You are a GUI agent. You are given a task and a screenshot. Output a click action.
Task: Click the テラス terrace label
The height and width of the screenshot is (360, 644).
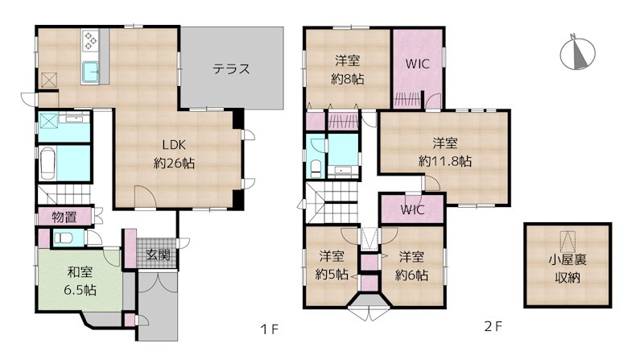[x=231, y=68]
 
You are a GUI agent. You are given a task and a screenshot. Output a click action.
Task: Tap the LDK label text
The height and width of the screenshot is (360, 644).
[x=174, y=145]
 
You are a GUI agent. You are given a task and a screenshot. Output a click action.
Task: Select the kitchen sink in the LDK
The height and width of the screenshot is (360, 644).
[x=90, y=72]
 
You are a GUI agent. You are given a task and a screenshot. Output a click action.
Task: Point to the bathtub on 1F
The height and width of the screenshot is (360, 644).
[x=48, y=163]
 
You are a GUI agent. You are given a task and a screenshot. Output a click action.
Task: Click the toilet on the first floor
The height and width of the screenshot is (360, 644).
[x=63, y=238]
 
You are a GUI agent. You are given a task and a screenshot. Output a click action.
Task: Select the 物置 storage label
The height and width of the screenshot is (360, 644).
[x=64, y=217]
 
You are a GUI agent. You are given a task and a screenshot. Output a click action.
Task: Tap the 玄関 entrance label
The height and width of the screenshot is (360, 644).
[x=158, y=255]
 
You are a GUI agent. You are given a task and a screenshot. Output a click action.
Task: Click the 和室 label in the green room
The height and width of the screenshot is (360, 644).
[x=80, y=272]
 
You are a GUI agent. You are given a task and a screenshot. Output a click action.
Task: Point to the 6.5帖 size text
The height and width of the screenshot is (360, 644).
[x=80, y=291]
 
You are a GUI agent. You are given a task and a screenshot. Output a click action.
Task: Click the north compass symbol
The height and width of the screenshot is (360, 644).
[x=578, y=52]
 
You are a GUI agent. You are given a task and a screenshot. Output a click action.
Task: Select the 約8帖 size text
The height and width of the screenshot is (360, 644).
[x=348, y=79]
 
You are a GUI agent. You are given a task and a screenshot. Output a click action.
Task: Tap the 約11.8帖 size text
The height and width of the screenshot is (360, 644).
[x=445, y=161]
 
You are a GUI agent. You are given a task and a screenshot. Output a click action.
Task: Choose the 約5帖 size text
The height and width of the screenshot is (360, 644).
[x=332, y=274]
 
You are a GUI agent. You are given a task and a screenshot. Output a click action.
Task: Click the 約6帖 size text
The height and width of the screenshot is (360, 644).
[x=411, y=275]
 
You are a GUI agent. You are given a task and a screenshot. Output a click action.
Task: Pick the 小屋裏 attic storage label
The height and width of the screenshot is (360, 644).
[x=568, y=259]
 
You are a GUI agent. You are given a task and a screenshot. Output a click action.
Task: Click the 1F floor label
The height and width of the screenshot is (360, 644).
[x=270, y=329]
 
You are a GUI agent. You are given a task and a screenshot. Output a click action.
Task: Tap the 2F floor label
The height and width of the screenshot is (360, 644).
[x=493, y=327]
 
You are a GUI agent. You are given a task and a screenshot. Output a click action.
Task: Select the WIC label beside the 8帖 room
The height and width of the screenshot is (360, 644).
[x=417, y=64]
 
